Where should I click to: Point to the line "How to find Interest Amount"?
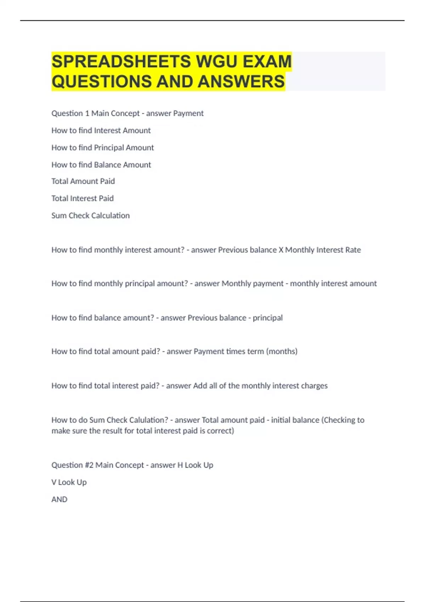(101, 130)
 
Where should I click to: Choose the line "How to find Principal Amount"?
(102, 147)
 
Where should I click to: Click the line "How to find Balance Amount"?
(101, 165)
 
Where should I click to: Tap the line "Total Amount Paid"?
(83, 181)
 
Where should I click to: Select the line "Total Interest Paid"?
(82, 198)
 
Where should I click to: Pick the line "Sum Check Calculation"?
(90, 216)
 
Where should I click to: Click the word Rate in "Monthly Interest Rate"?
(353, 250)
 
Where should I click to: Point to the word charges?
(314, 386)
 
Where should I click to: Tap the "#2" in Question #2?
(89, 465)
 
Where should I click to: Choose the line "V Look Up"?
(69, 482)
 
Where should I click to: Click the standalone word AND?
(59, 499)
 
